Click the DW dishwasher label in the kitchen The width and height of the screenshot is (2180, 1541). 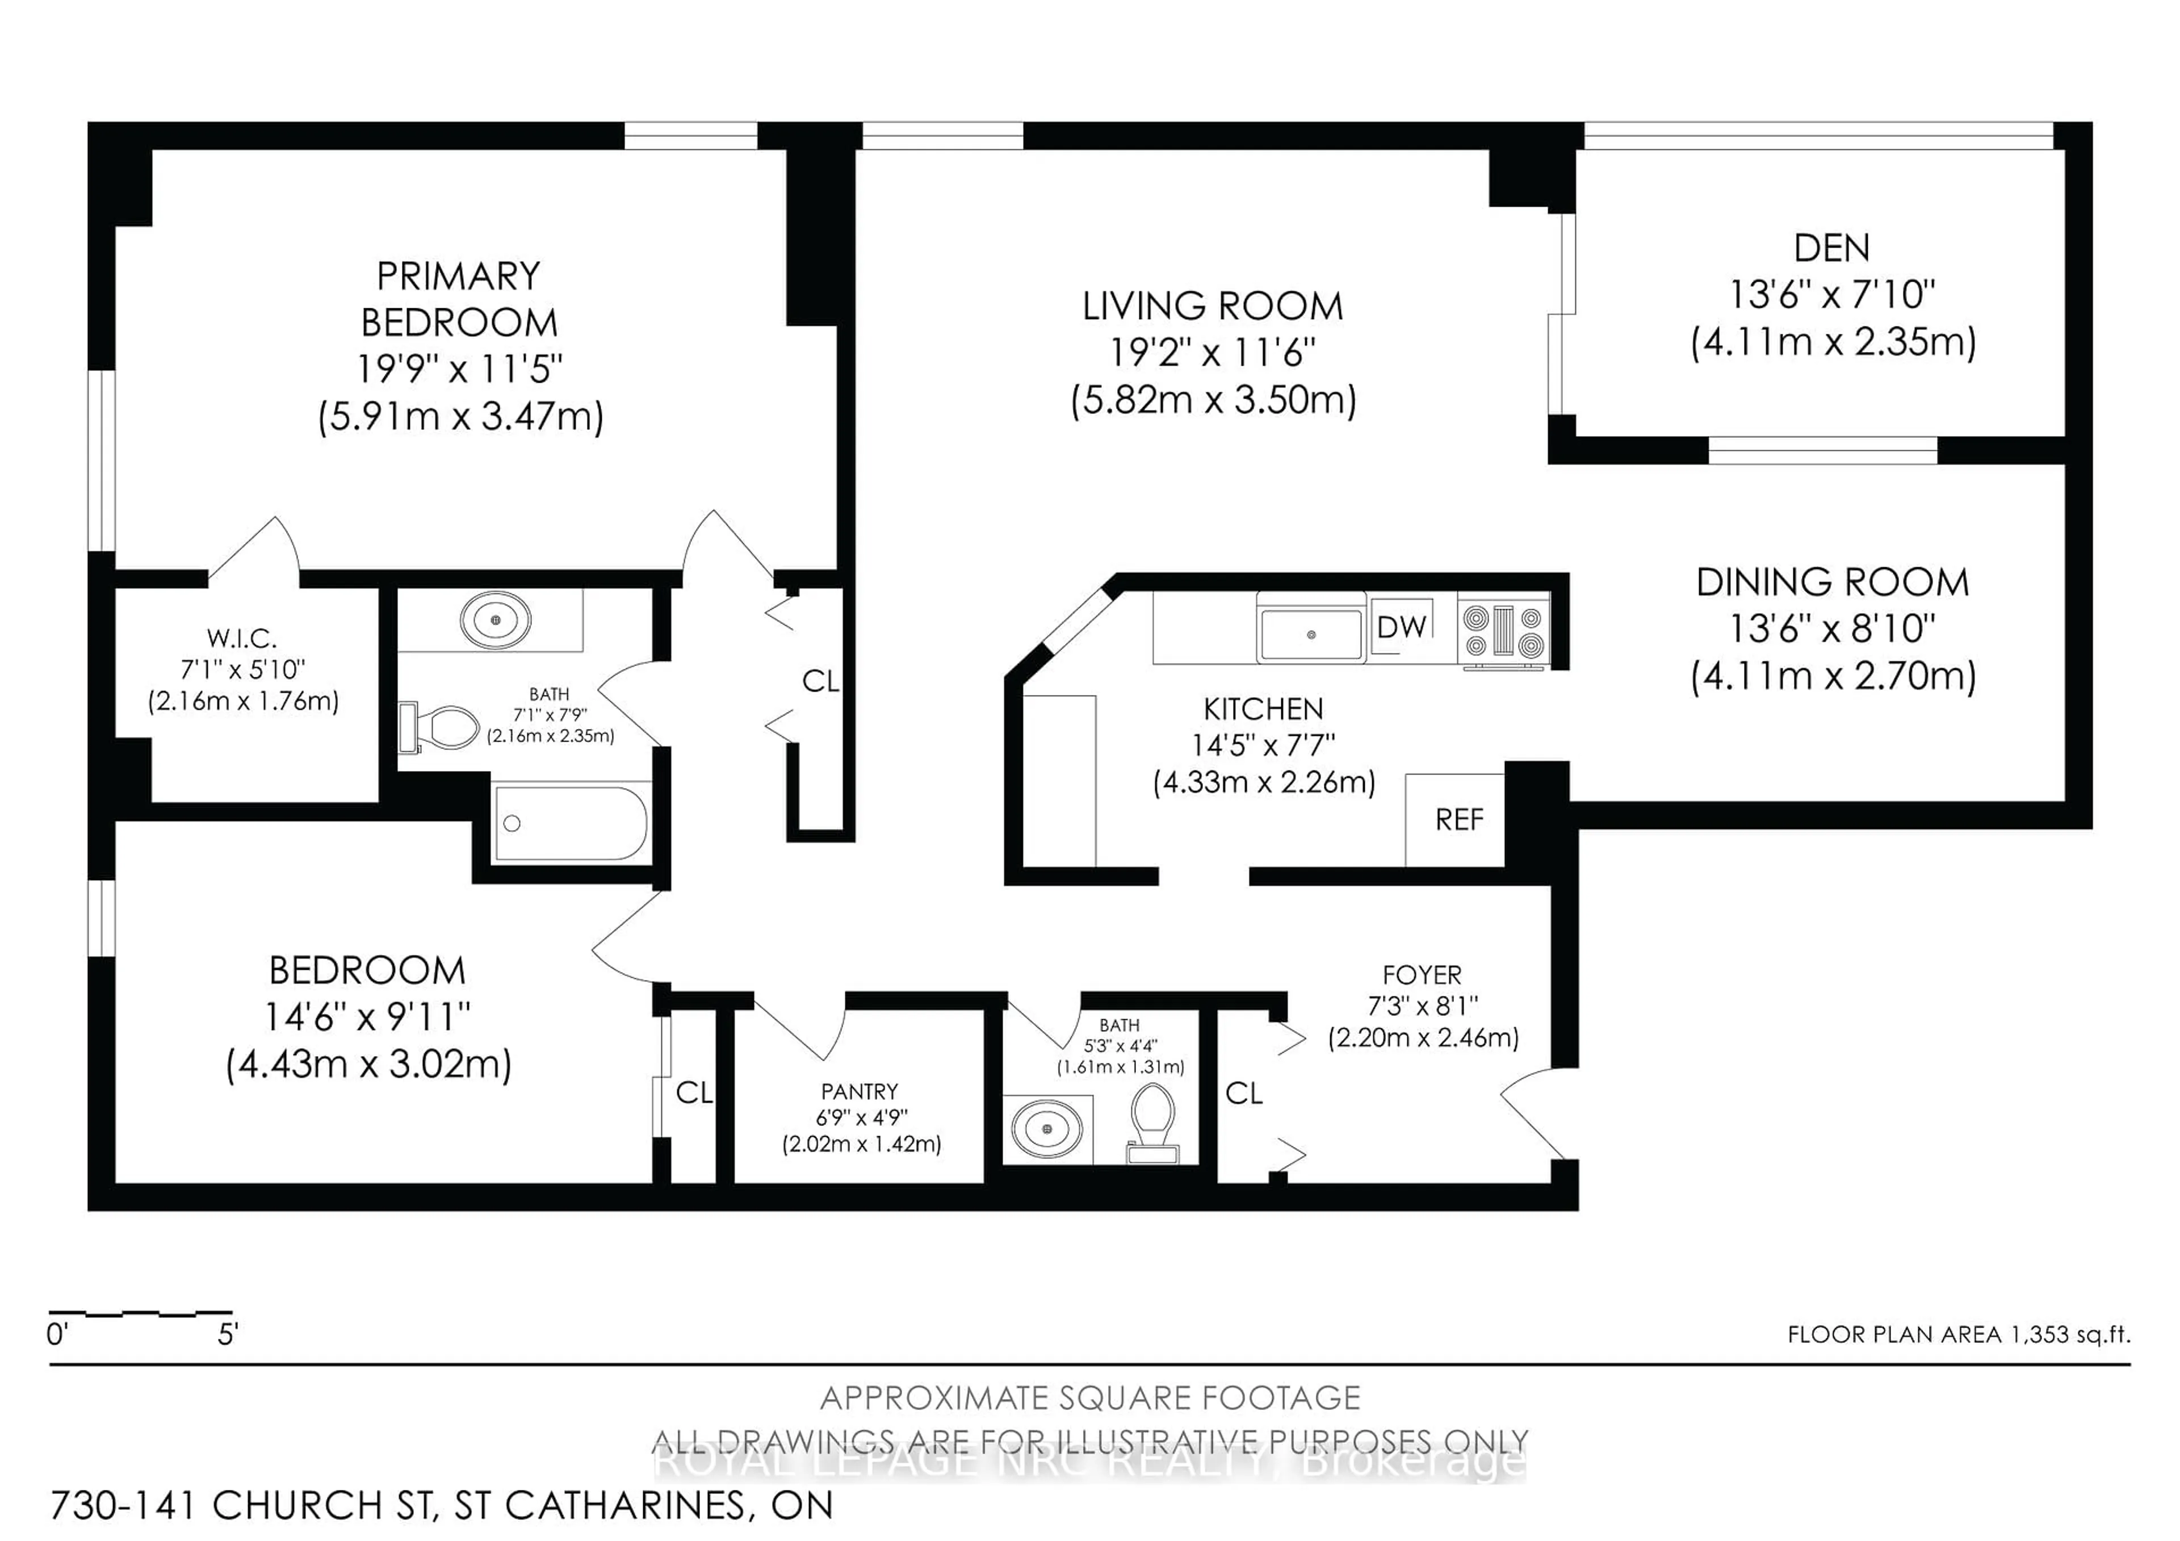coord(1402,627)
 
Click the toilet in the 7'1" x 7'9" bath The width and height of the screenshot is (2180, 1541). coord(442,727)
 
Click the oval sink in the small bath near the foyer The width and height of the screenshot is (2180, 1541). coord(1046,1129)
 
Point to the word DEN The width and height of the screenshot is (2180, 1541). coord(1831,249)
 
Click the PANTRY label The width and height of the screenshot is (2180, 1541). coord(860,1092)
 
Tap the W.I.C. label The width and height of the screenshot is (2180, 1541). coord(242,638)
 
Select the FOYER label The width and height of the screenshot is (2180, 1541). coord(1422,975)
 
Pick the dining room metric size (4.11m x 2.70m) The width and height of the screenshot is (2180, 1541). coord(1833,677)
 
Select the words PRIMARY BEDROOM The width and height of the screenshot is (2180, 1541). coord(459,300)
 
